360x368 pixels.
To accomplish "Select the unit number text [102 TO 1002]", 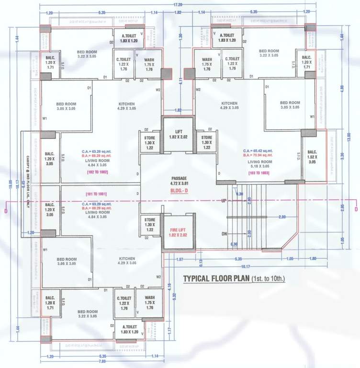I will pyautogui.click(x=98, y=172).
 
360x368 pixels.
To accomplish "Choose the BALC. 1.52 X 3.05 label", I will pyautogui.click(x=312, y=158).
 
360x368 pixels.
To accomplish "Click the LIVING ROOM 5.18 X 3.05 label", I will pyautogui.click(x=260, y=164).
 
